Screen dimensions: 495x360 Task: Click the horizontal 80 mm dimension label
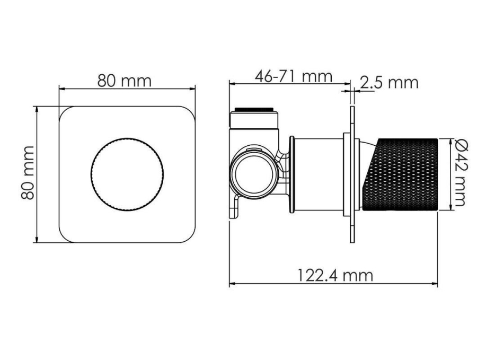point(125,81)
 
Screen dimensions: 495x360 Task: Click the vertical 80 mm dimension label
point(28,172)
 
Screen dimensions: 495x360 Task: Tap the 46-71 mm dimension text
point(294,76)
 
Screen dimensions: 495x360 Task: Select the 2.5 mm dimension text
point(389,83)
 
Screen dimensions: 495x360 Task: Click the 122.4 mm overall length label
point(335,275)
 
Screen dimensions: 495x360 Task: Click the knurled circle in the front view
point(127,174)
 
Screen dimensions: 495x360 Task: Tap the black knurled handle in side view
point(400,174)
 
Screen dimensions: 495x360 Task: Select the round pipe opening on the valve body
point(254,174)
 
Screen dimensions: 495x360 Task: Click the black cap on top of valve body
point(254,109)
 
